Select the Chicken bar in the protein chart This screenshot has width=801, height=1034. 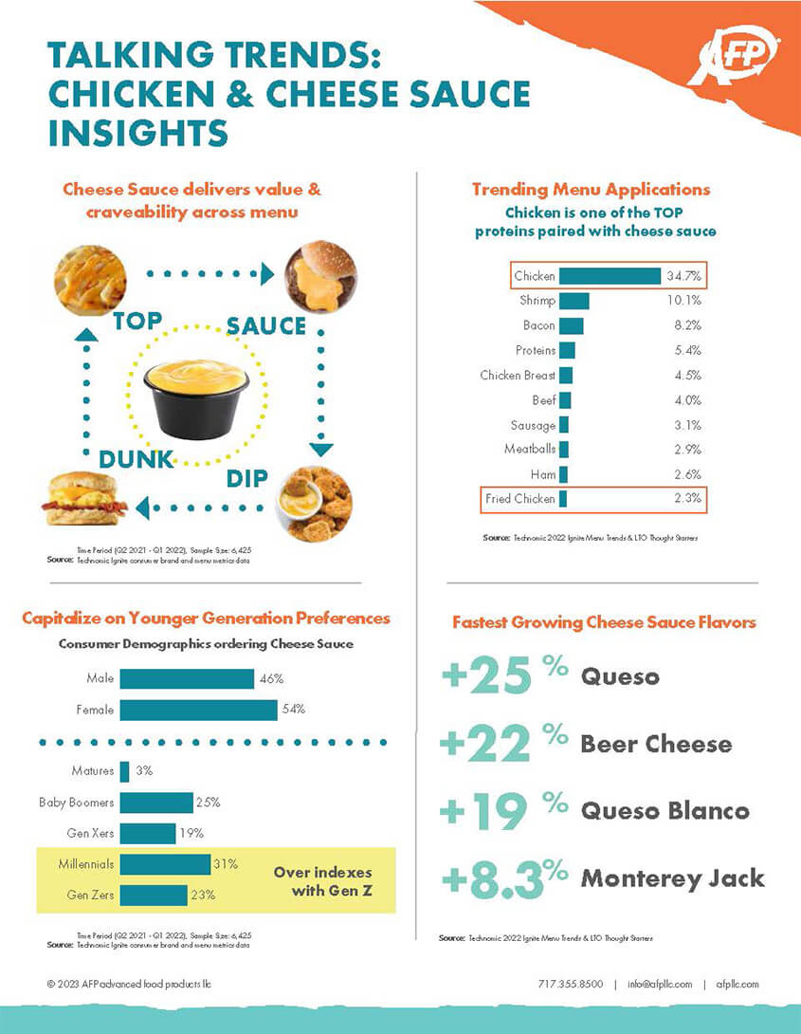(x=610, y=276)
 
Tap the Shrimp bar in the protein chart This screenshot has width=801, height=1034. (x=574, y=301)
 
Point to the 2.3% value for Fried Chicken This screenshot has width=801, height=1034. (x=683, y=498)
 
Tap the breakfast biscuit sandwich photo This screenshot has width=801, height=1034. (x=84, y=499)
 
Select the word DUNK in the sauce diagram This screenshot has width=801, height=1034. (x=137, y=459)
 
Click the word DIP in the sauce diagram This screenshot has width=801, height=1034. (x=247, y=478)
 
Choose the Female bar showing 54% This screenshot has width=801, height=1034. (x=198, y=710)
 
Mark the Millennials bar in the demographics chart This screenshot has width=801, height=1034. (x=165, y=864)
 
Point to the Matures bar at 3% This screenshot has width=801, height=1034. (x=124, y=771)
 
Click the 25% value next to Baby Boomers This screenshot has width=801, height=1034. (x=208, y=803)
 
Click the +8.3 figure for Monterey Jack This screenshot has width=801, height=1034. (x=493, y=878)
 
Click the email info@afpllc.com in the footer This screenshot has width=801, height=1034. (x=660, y=984)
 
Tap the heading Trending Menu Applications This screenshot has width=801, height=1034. (x=591, y=190)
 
